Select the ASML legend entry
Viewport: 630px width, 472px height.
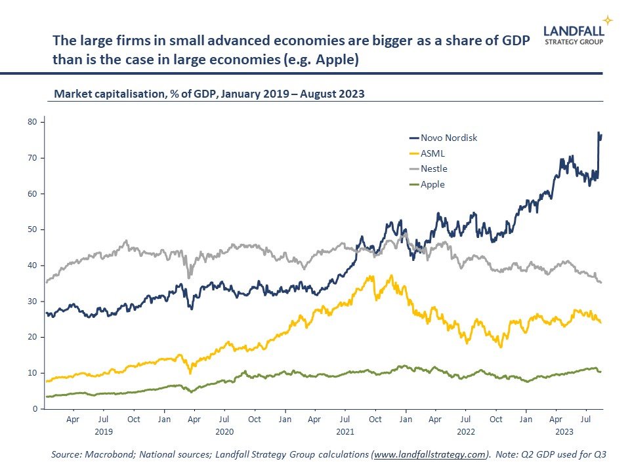(x=432, y=153)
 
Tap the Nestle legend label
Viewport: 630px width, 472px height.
(x=434, y=169)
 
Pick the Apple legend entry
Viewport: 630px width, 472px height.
(x=432, y=184)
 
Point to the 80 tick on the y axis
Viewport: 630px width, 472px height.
(x=31, y=122)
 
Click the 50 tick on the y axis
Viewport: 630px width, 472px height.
(x=31, y=229)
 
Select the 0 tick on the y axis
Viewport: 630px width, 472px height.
(x=33, y=409)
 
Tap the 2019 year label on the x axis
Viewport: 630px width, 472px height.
(x=103, y=432)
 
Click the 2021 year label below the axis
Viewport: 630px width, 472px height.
(x=345, y=432)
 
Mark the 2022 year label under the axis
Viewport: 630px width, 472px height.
(x=466, y=432)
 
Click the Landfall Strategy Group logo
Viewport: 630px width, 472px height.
(x=574, y=33)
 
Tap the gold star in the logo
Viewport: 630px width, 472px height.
(x=608, y=20)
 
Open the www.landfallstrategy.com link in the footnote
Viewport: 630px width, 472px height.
(x=430, y=454)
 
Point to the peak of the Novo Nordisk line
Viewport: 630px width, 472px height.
(x=598, y=133)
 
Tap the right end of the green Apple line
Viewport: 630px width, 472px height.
(x=600, y=372)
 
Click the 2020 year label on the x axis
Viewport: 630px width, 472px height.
(x=224, y=432)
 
